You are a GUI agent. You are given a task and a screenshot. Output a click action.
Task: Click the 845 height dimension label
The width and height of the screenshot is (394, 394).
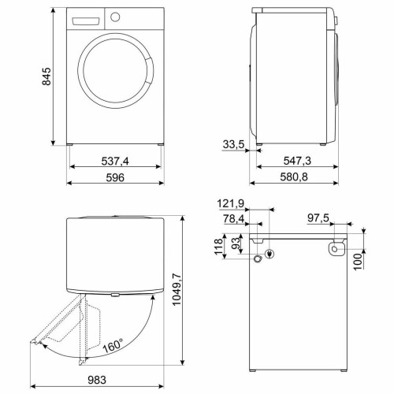click(x=46, y=76)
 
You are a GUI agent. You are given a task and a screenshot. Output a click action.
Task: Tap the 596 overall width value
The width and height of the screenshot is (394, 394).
click(x=115, y=177)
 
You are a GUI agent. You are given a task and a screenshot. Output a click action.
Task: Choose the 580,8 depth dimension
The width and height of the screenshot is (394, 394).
click(x=299, y=178)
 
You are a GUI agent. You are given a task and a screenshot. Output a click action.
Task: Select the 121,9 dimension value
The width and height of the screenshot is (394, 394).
click(x=231, y=203)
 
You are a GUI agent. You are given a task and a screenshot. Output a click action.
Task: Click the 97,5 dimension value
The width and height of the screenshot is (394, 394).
click(x=319, y=220)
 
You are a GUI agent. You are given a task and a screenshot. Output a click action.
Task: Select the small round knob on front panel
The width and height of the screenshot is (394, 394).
click(x=115, y=17)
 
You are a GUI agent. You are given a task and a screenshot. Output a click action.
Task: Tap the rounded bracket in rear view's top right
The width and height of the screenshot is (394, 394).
click(x=335, y=249)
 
